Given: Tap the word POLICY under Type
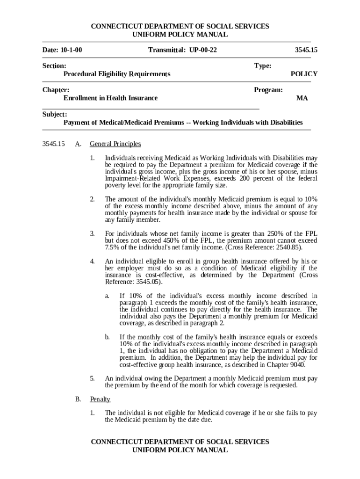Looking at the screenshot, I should click(304, 74).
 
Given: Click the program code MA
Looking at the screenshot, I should click(302, 98).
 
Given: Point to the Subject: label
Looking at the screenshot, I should click(55, 115).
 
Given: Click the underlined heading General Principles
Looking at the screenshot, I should click(115, 144).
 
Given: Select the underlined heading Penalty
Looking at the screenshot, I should click(100, 399).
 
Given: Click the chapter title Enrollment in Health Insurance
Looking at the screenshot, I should click(110, 98).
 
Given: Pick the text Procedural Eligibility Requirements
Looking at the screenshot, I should click(117, 74).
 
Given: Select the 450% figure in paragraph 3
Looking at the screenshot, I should click(152, 240).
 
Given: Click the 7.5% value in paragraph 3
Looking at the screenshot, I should click(112, 247).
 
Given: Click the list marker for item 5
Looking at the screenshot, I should click(93, 378).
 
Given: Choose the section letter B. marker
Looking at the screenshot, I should click(78, 399).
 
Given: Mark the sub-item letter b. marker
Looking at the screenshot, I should click(107, 337).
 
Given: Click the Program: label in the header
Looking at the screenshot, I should click(268, 90).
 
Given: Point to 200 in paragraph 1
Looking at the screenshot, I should click(246, 178).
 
